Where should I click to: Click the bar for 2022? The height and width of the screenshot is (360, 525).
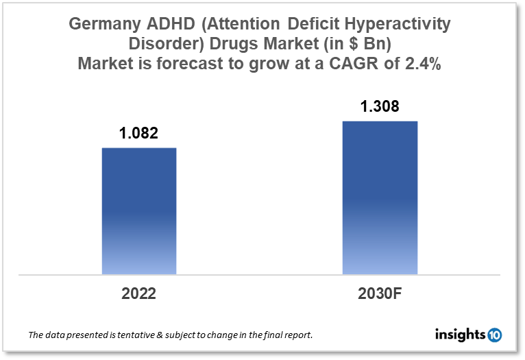click(139, 211)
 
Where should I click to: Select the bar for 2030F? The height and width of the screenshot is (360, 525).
click(380, 197)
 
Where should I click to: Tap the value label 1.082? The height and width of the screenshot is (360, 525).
click(139, 134)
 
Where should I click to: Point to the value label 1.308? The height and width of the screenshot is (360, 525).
click(380, 107)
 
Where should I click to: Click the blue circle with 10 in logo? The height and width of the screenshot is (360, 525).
click(494, 335)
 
